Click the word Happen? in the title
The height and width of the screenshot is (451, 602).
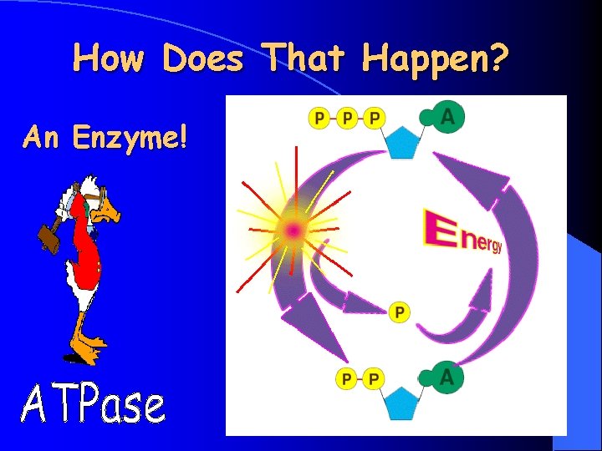click(x=435, y=58)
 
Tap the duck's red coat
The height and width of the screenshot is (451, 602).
click(x=84, y=251)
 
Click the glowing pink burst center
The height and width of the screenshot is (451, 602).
click(x=293, y=228)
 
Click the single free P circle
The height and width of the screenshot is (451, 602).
click(x=400, y=312)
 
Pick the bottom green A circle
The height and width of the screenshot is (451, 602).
click(x=448, y=379)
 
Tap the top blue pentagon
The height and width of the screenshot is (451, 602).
click(x=404, y=142)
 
